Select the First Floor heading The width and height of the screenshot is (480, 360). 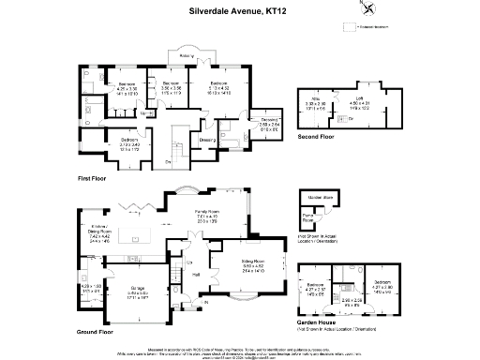(x=97, y=176)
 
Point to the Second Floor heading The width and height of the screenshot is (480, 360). (x=316, y=136)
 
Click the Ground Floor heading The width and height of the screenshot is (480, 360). (x=97, y=331)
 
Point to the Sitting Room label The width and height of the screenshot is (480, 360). (x=254, y=263)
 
